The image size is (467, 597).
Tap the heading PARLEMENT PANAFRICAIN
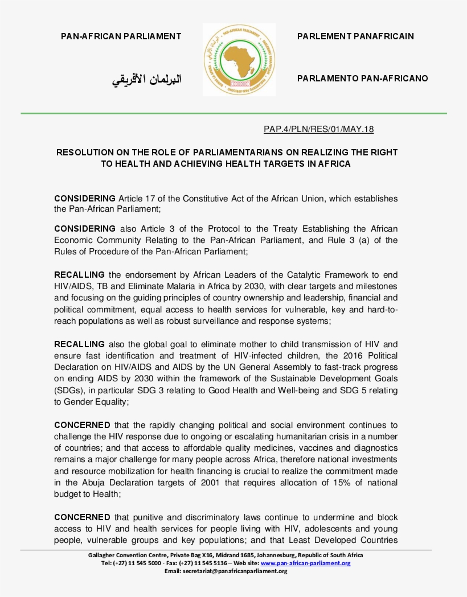(x=355, y=36)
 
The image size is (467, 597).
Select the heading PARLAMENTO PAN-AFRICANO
(x=362, y=79)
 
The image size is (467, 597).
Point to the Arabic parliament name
(x=146, y=79)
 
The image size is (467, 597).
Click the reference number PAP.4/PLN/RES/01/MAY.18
(x=318, y=129)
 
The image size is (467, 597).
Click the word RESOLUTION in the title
(x=84, y=153)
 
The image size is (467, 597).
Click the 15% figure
(x=334, y=483)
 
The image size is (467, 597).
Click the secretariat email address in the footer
(x=234, y=571)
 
